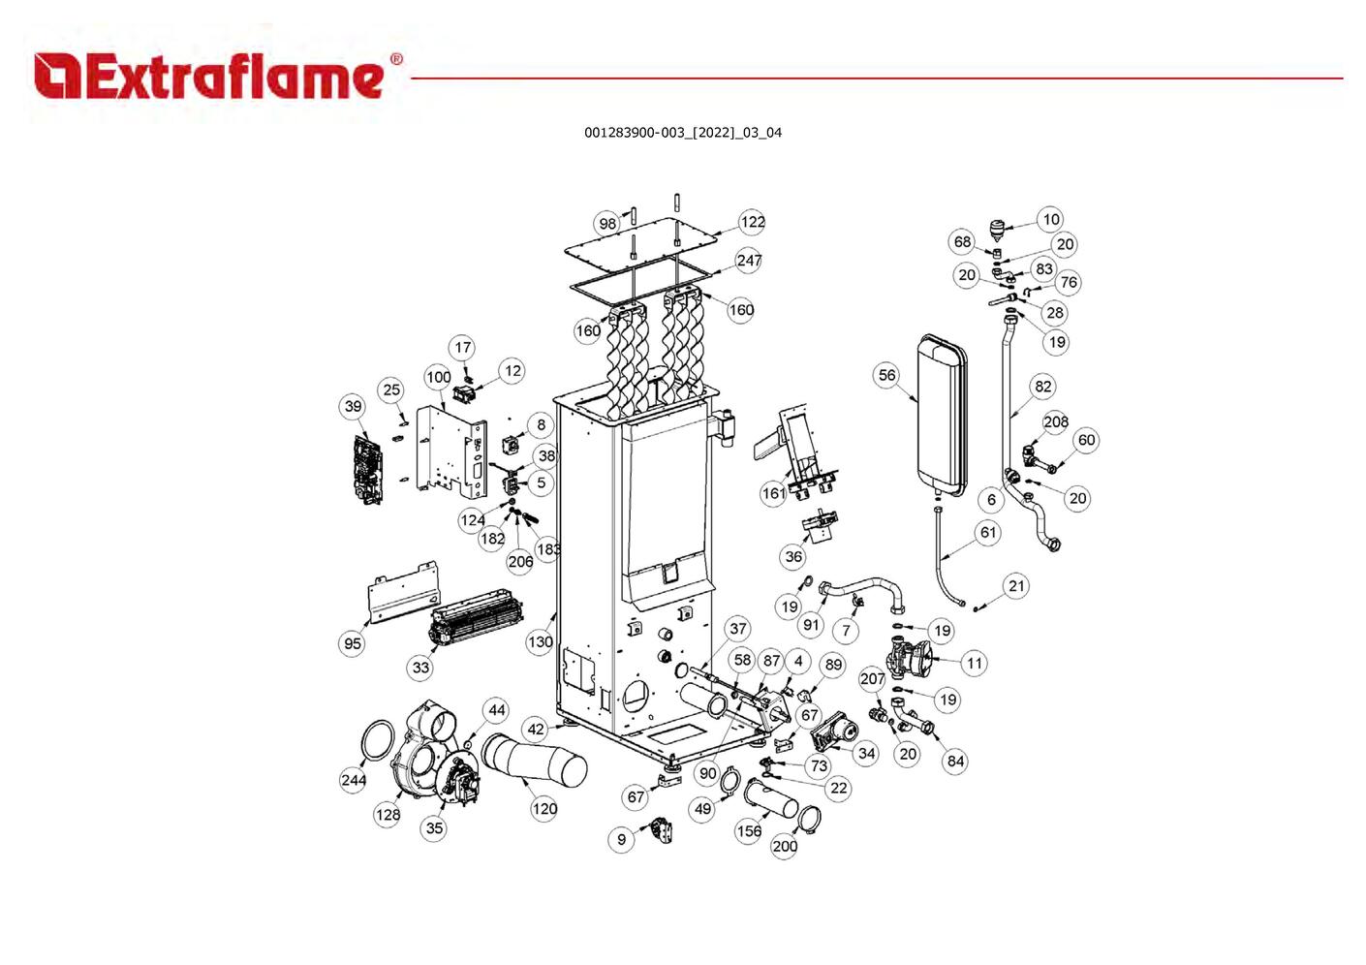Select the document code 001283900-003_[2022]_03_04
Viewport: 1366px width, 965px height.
coord(682,133)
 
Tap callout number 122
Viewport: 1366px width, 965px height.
coord(752,222)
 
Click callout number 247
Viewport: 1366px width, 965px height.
coord(749,261)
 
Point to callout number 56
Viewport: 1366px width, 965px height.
coord(886,376)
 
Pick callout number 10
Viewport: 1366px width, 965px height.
coord(1050,220)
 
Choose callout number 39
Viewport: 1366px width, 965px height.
coord(353,406)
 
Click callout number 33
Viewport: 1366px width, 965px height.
coord(419,667)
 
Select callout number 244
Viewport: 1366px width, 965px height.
coord(354,780)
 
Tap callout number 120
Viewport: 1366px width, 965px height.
coord(543,808)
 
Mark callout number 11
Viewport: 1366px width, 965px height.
coord(974,664)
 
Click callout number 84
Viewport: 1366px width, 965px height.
coord(955,761)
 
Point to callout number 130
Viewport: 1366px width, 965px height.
coord(540,641)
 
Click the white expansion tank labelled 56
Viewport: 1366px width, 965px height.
coord(941,407)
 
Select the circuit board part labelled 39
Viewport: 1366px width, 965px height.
coord(365,469)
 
